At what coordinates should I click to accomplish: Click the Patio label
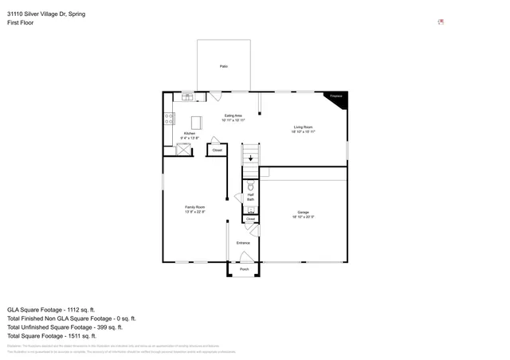tap(224, 66)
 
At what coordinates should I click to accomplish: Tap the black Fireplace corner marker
tap(335, 96)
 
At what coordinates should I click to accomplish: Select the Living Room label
tap(303, 129)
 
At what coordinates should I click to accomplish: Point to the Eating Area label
tap(233, 118)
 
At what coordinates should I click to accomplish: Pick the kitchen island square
tap(196, 122)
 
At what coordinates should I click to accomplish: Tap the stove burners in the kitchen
tap(169, 119)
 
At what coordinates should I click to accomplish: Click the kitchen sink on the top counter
tap(187, 96)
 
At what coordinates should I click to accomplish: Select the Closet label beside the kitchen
tap(217, 150)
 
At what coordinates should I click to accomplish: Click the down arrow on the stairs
tap(251, 158)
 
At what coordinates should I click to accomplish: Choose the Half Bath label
tap(250, 197)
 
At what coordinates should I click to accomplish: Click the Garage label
tap(303, 213)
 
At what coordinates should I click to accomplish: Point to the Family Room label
tap(194, 209)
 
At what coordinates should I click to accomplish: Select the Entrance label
tap(243, 243)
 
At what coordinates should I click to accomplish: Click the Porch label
tap(244, 269)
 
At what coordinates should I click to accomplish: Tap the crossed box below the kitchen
tap(171, 150)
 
